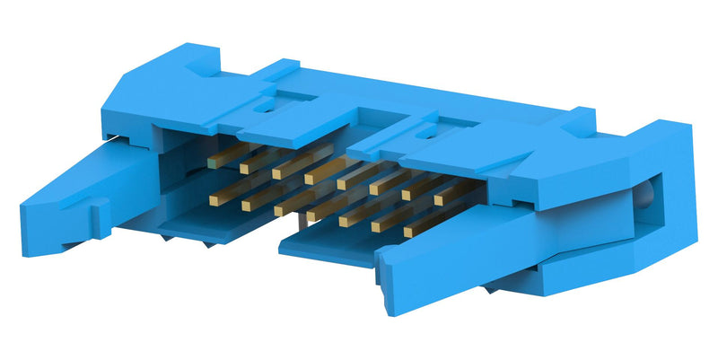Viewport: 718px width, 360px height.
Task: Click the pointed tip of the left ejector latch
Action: [x=27, y=220]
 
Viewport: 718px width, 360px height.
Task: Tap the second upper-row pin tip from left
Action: [x=246, y=169]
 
